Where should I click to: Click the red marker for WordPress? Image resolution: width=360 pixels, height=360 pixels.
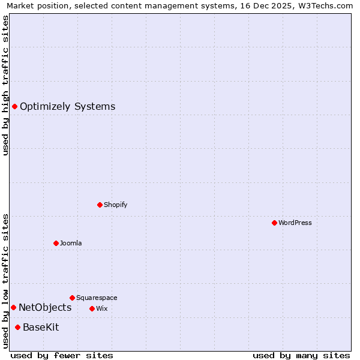(x=274, y=223)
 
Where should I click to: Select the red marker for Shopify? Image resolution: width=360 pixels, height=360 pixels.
(x=100, y=205)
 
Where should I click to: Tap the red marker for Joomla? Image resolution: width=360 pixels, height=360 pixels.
(x=56, y=243)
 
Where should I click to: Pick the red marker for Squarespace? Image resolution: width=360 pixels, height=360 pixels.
(x=72, y=298)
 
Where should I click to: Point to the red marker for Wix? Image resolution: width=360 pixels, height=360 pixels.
(x=92, y=308)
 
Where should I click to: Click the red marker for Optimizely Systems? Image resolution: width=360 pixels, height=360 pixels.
(x=14, y=106)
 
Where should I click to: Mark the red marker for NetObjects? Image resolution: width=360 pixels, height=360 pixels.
(x=13, y=307)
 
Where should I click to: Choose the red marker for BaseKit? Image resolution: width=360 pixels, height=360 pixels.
(x=17, y=327)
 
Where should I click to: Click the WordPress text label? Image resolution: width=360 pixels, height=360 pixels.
(x=295, y=223)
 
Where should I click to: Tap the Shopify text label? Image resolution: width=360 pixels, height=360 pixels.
(x=116, y=205)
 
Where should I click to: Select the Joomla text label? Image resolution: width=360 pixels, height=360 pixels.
(x=71, y=243)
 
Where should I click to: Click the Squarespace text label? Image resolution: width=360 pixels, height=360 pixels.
(x=97, y=298)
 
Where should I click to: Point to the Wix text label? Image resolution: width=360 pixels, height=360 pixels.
(x=101, y=308)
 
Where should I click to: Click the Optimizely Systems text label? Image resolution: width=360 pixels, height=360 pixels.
(x=67, y=107)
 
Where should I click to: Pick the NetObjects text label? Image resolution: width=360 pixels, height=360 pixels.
(x=45, y=308)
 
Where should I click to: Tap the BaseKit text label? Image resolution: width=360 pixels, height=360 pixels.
(x=41, y=328)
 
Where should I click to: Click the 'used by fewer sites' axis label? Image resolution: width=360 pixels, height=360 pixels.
(x=62, y=355)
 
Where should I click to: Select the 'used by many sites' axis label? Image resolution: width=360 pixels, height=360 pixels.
(x=301, y=355)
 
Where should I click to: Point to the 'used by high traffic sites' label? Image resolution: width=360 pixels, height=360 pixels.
(x=5, y=85)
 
